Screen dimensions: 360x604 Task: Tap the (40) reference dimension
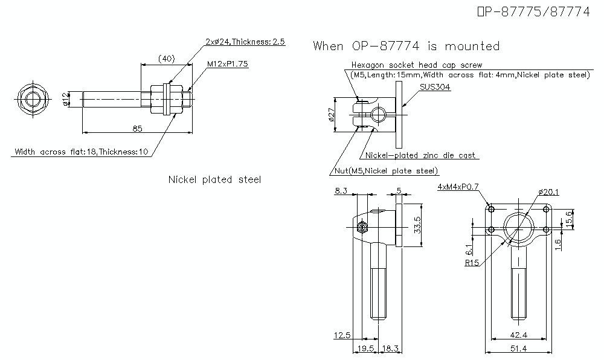tap(166, 59)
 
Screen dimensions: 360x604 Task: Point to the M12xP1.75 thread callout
tap(228, 63)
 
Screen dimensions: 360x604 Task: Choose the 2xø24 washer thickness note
tap(245, 42)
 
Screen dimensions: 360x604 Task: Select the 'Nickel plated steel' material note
tap(214, 179)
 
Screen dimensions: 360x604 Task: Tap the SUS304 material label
tap(435, 87)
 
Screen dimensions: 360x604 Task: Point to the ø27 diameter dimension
tap(331, 114)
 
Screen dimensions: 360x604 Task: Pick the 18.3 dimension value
tap(391, 349)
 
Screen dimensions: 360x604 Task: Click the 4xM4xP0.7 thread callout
tap(458, 187)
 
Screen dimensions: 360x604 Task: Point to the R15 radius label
tap(472, 263)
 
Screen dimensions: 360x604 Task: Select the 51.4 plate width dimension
tap(519, 349)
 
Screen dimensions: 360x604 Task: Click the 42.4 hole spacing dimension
tap(519, 335)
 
